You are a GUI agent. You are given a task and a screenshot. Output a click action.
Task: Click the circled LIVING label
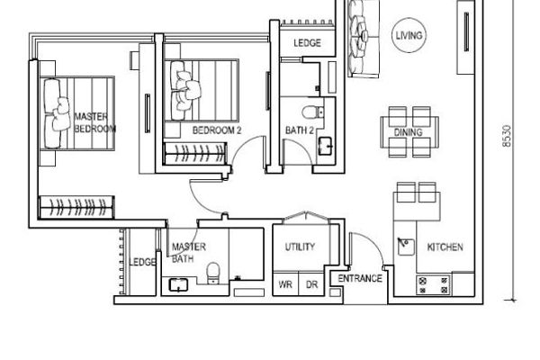tap(409, 35)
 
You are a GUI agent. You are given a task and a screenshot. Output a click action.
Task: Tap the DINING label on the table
tap(408, 132)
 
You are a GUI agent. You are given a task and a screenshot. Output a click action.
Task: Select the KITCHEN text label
tap(445, 247)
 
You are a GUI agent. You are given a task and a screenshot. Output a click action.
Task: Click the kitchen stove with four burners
tap(434, 285)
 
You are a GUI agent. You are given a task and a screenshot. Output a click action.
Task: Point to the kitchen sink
tap(406, 247)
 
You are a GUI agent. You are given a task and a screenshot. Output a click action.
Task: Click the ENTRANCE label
tap(360, 278)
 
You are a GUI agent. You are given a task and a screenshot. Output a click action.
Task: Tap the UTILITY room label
tap(300, 247)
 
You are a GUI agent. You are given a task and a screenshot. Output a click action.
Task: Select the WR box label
tap(285, 284)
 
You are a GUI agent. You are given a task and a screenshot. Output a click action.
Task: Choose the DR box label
tap(311, 284)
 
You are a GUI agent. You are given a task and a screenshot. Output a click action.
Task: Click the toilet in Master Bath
tap(213, 273)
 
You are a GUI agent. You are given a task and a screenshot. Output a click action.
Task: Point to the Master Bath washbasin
tap(178, 285)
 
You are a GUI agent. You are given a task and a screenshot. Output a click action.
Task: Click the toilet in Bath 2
tap(312, 112)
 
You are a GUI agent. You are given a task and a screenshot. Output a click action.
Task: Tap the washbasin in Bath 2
tap(325, 146)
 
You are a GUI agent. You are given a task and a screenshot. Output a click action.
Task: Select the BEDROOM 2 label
tap(217, 130)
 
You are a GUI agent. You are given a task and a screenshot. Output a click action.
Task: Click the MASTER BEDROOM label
tap(94, 122)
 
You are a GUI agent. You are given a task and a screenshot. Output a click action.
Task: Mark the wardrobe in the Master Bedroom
tap(76, 207)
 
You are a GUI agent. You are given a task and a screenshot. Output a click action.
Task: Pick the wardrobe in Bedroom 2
tap(195, 153)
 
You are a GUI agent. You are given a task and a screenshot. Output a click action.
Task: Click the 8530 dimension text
tap(507, 136)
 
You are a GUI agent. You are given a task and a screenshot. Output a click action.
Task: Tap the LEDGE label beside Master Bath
tap(142, 262)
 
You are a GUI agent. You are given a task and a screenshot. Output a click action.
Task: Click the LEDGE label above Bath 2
tap(307, 43)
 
